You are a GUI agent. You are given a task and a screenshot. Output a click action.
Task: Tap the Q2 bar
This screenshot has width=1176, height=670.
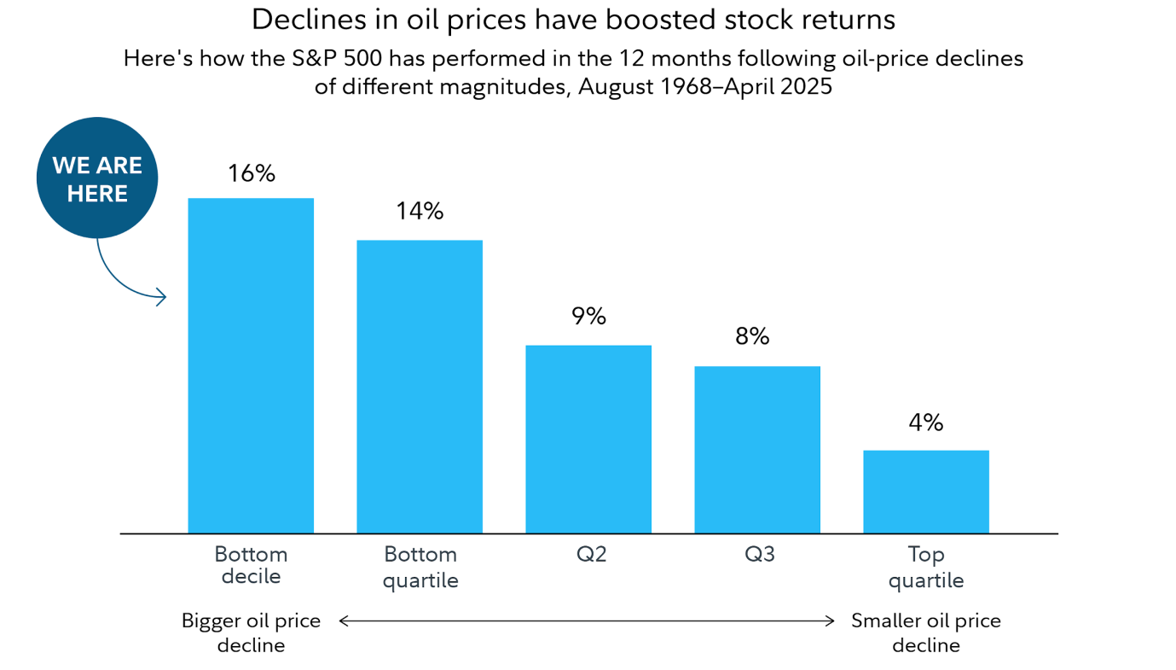pyautogui.click(x=588, y=439)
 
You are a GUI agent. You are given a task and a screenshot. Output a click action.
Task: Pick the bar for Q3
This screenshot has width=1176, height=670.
pyautogui.click(x=757, y=450)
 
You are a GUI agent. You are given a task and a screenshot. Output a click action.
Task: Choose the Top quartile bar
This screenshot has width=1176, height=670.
pyautogui.click(x=926, y=492)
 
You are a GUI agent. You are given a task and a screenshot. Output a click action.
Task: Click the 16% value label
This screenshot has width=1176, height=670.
pyautogui.click(x=252, y=173)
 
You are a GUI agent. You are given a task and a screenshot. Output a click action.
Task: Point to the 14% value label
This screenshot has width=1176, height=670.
pyautogui.click(x=420, y=211)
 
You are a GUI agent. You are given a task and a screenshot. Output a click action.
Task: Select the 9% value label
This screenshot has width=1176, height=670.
pyautogui.click(x=588, y=316)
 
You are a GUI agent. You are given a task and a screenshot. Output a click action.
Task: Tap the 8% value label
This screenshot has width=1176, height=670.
pyautogui.click(x=752, y=336)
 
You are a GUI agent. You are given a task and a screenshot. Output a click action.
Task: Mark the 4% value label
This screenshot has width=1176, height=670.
pyautogui.click(x=925, y=422)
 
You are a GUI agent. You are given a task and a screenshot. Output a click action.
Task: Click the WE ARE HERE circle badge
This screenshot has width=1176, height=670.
pyautogui.click(x=97, y=178)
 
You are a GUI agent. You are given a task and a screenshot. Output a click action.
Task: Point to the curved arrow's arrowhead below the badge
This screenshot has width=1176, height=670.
pyautogui.click(x=160, y=298)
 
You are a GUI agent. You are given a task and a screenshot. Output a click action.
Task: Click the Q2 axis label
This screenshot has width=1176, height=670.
pyautogui.click(x=591, y=555)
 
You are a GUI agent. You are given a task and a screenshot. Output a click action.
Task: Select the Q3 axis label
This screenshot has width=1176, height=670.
pyautogui.click(x=760, y=555)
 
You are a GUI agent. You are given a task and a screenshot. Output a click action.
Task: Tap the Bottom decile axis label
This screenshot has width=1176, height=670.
pyautogui.click(x=251, y=565)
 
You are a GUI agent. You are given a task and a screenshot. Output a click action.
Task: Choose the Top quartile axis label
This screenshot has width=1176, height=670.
pyautogui.click(x=926, y=568)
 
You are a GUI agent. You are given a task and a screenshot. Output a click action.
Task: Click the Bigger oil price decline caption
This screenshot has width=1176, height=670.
pyautogui.click(x=251, y=632)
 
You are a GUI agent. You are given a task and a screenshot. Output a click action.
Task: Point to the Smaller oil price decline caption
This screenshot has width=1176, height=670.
pyautogui.click(x=926, y=632)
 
